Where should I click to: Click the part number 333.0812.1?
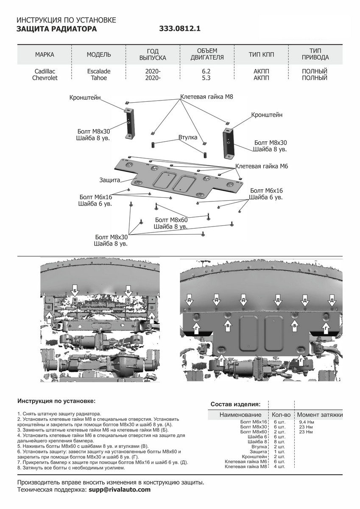click(179, 29)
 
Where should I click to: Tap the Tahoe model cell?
click(98, 78)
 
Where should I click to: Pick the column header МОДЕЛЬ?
click(99, 55)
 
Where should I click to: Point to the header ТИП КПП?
click(261, 55)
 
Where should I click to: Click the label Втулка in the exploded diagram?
click(187, 138)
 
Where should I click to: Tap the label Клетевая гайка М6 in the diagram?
click(262, 167)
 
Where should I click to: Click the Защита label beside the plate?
click(109, 180)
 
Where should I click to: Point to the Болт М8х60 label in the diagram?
click(171, 220)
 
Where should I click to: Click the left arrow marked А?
click(49, 316)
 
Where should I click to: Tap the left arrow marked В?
click(228, 325)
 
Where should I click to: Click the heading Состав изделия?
click(235, 404)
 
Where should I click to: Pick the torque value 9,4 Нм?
click(306, 422)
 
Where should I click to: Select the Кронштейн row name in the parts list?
click(254, 456)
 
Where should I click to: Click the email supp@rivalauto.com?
click(120, 489)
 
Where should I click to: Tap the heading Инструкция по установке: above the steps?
click(56, 400)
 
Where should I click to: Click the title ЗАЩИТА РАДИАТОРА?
click(56, 29)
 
